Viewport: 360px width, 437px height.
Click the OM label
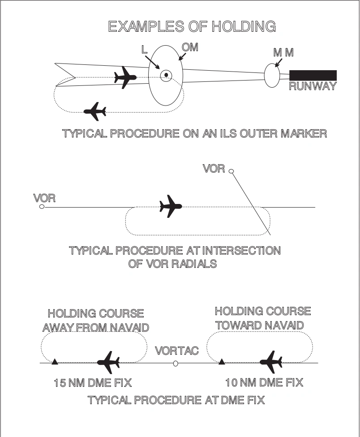click(190, 47)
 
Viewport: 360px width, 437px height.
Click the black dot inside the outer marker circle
click(166, 75)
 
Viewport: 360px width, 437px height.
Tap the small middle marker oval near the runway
click(271, 75)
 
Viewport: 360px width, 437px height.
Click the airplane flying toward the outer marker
click(125, 78)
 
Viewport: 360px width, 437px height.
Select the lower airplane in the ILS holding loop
click(95, 111)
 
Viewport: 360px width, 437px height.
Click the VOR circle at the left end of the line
click(42, 207)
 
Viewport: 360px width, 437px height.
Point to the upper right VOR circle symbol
click(231, 171)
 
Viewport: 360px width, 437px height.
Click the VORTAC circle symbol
click(176, 364)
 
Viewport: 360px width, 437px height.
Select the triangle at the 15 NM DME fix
click(54, 361)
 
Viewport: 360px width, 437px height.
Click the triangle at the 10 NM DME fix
click(221, 361)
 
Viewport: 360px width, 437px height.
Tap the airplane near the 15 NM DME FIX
click(108, 362)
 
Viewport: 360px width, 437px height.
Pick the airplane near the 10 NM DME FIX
click(271, 361)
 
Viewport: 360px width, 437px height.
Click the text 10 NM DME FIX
click(264, 382)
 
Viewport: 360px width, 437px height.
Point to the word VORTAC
click(176, 351)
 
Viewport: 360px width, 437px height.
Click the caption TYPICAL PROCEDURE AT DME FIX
click(176, 400)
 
